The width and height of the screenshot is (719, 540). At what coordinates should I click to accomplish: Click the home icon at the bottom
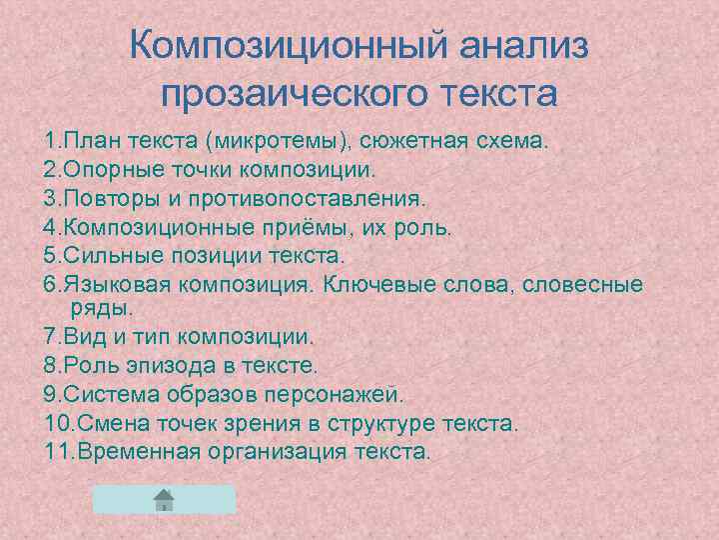165,499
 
